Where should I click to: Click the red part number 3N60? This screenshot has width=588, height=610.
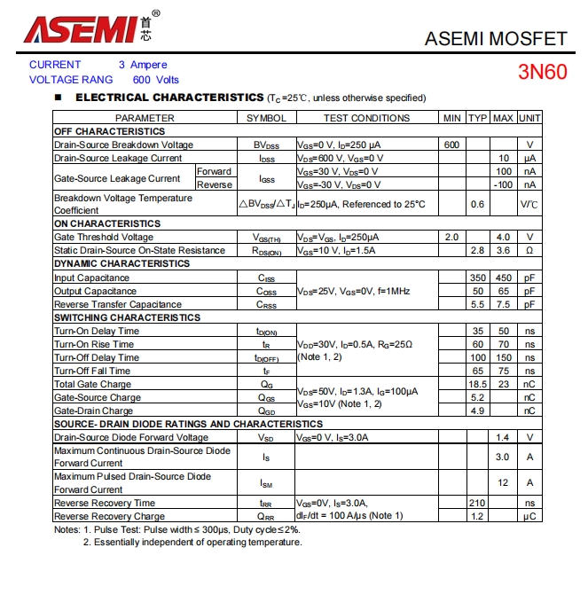click(x=542, y=72)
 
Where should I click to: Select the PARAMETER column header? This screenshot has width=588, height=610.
click(x=145, y=118)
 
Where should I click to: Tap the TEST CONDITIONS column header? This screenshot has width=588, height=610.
click(x=366, y=118)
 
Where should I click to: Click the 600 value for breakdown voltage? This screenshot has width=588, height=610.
click(x=451, y=145)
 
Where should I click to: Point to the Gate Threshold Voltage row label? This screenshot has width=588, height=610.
click(x=104, y=237)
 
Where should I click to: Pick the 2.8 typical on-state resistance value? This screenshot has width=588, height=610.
click(x=477, y=250)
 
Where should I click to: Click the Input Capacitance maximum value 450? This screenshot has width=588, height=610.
click(x=503, y=278)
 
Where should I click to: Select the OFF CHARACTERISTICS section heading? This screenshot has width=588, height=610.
click(x=109, y=131)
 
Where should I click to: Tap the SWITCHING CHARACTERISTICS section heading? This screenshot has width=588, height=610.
click(x=127, y=317)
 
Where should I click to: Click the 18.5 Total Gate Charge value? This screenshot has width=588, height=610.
click(x=477, y=384)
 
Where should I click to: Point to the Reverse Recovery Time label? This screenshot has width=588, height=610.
click(x=105, y=503)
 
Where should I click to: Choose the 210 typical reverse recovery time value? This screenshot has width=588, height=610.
click(x=477, y=503)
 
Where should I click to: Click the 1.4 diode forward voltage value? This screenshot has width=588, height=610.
click(x=503, y=437)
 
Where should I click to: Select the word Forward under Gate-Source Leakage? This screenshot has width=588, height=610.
click(x=214, y=171)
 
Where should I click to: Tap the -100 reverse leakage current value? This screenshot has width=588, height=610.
click(x=503, y=184)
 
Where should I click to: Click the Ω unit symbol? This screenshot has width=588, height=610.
click(x=529, y=250)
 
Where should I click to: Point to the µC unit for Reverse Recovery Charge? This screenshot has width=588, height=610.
click(x=529, y=516)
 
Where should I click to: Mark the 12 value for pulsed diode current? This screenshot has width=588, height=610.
click(x=503, y=482)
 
